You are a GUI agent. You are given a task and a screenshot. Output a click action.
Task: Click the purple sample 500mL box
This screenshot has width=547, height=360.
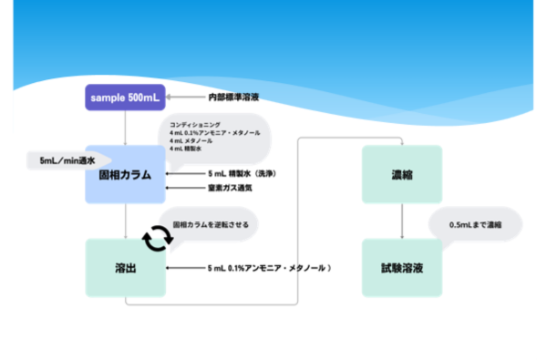125,98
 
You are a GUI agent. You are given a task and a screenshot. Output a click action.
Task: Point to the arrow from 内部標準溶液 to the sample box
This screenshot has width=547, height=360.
186,97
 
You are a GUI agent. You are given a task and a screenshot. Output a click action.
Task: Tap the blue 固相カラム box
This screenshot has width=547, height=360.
125,173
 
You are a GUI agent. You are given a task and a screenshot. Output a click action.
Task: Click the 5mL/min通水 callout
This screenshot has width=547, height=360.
66,161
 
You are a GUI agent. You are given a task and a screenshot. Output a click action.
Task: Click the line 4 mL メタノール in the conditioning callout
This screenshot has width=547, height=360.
191,141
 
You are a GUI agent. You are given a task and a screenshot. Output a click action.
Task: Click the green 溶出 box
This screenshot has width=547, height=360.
125,267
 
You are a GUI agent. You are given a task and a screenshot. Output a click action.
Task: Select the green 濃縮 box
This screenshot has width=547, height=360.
402,172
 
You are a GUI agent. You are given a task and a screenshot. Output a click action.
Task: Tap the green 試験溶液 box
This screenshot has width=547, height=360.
402,267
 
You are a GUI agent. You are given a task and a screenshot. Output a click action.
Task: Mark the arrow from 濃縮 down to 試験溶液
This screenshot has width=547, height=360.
402,221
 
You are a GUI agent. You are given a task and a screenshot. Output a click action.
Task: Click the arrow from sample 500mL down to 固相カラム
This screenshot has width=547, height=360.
125,128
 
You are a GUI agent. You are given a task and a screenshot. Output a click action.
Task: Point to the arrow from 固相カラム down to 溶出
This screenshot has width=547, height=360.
125,221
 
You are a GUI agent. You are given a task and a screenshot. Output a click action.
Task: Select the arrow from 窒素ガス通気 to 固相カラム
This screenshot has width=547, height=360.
184,188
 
